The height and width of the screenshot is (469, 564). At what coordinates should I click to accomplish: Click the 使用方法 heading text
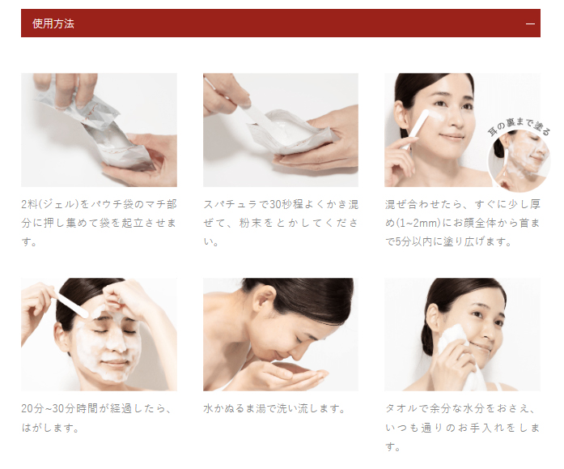click(x=53, y=23)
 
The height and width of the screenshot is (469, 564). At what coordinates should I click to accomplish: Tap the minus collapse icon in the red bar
click(x=530, y=23)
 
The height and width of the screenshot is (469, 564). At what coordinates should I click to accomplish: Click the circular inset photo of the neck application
click(x=519, y=160)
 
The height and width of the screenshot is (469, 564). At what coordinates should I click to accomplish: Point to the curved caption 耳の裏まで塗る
click(x=519, y=127)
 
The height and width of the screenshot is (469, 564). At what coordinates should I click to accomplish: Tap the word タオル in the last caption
click(x=402, y=409)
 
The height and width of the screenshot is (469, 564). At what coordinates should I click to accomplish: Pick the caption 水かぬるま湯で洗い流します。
click(x=274, y=409)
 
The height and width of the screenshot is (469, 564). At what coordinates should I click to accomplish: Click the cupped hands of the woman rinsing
click(x=288, y=374)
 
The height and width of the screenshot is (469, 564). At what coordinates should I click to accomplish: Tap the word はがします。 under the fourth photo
click(x=50, y=428)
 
